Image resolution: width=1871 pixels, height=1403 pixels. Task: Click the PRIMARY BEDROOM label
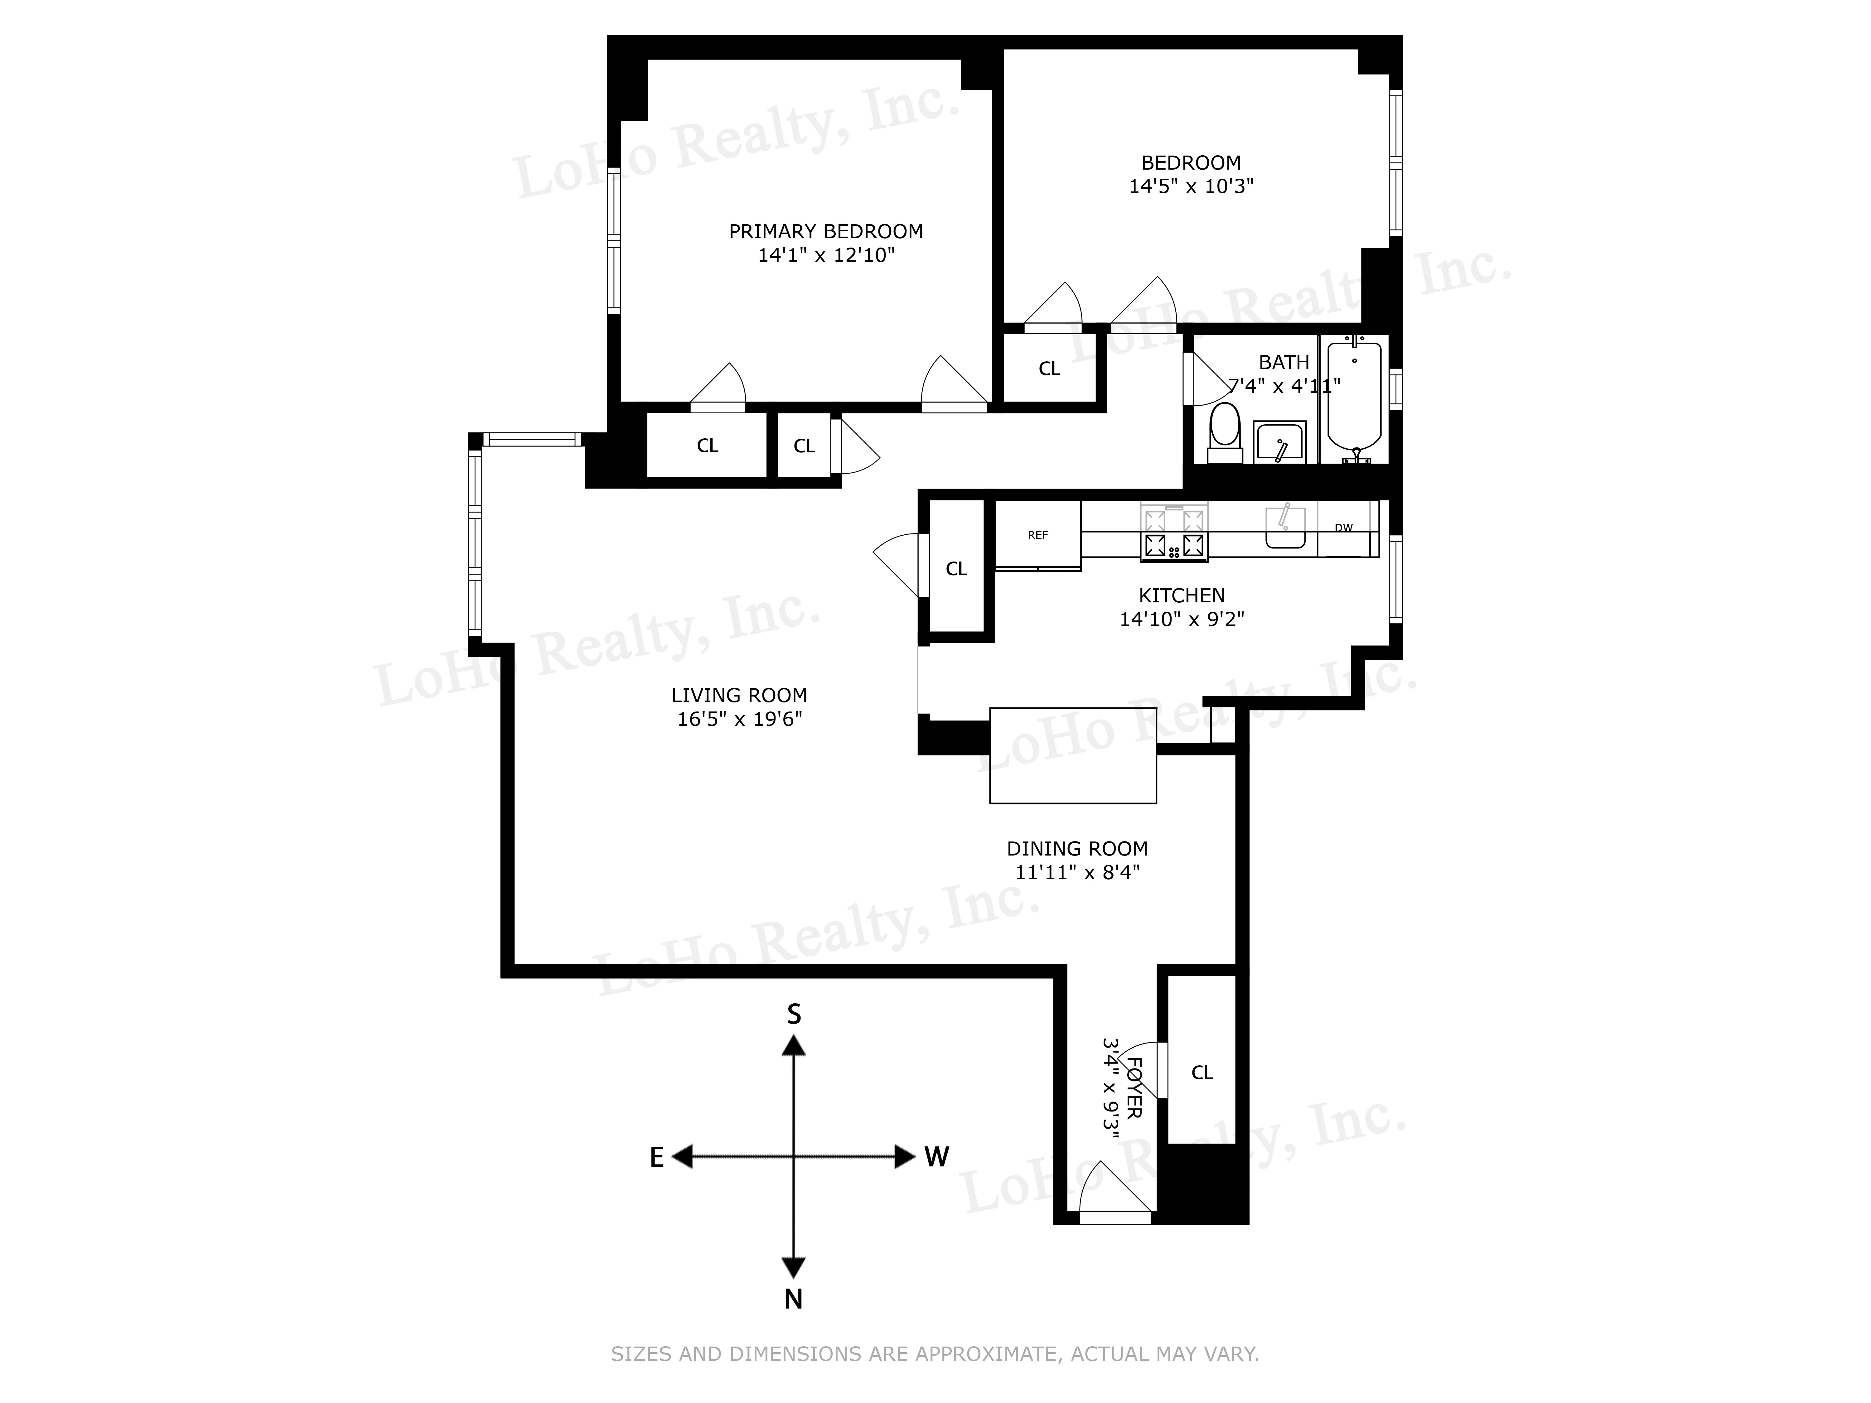[x=825, y=231]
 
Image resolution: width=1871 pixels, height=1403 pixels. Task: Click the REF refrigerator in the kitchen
[x=1038, y=534]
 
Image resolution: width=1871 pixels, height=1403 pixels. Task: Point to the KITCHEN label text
[x=1182, y=595]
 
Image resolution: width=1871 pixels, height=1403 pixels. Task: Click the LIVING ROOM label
[x=739, y=695]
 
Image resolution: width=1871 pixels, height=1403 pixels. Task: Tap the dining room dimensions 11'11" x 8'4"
[x=1077, y=872]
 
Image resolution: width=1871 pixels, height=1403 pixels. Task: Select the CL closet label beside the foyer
[x=1202, y=1072]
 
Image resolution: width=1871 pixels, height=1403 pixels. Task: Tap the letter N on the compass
[x=793, y=1299]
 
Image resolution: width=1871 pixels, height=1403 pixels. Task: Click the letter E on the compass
[x=656, y=1158]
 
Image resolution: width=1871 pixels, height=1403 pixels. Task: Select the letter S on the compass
[x=793, y=1014]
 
